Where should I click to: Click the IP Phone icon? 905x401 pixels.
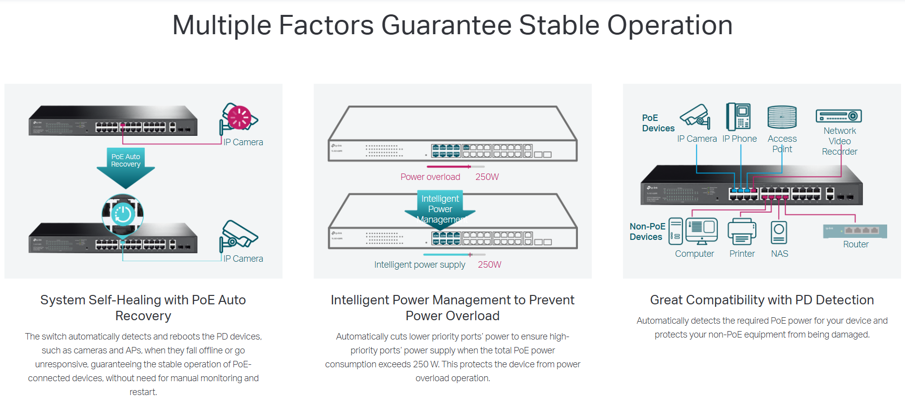point(738,116)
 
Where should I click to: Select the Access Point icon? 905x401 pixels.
point(782,117)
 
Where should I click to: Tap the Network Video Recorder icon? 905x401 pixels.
point(839,116)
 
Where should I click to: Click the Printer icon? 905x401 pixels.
point(742,231)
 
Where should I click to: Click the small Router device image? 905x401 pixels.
point(855,231)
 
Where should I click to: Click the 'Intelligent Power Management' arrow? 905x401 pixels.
point(440,209)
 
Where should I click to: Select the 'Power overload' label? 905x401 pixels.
point(430,177)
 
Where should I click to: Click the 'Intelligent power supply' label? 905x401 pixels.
point(420,265)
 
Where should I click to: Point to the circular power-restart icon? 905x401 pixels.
point(122,215)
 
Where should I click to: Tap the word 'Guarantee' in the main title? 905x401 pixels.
point(446,25)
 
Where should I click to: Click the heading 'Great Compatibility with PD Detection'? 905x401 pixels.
point(762,300)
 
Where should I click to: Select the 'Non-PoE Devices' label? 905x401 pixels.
point(647,231)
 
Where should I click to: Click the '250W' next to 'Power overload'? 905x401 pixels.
point(487,177)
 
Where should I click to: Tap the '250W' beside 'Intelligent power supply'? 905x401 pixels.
point(490,265)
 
